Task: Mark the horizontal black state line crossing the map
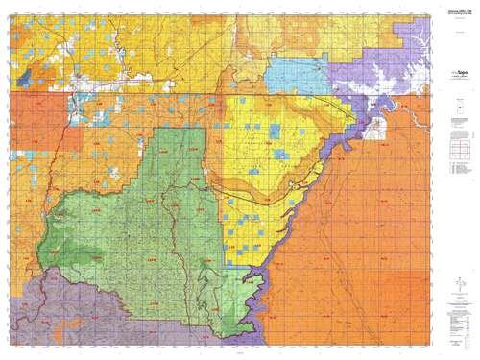192,91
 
